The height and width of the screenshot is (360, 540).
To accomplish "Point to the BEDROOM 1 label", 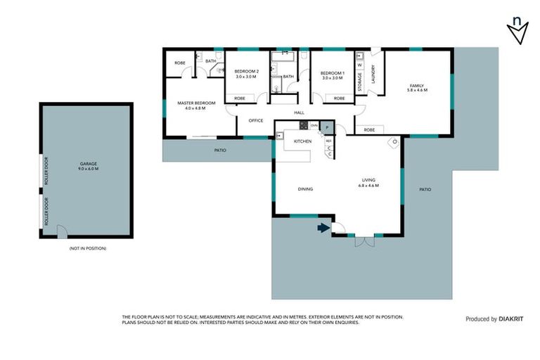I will [333, 74].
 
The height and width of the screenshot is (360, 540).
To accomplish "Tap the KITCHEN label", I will [302, 141].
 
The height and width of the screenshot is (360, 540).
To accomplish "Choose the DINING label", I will [305, 189].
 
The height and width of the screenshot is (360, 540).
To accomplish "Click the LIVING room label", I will [368, 182].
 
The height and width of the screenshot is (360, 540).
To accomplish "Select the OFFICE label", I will [255, 120].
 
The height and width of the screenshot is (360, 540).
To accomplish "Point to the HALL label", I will [299, 112].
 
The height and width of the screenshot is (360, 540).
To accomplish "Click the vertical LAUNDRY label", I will [373, 76].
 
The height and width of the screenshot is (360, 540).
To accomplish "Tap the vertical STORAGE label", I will [360, 82].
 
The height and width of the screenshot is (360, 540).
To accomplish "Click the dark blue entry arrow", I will [323, 227].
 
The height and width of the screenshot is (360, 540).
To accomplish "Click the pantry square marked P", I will [326, 127].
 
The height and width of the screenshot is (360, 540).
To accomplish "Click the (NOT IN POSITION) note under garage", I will [87, 249].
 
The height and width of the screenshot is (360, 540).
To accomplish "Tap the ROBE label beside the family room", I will [368, 130].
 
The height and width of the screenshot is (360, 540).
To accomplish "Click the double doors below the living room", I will [364, 241].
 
